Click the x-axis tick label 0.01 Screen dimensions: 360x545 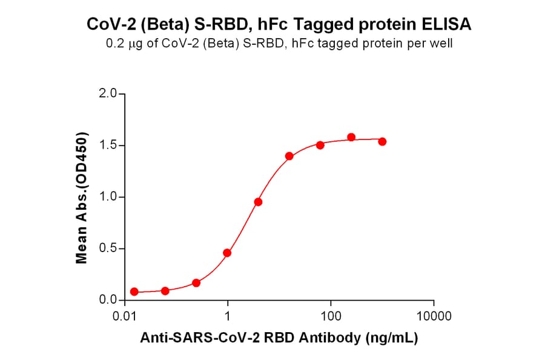[x=125, y=316]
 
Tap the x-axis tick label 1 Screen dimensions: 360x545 [x=228, y=316]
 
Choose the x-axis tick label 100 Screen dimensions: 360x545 [x=331, y=316]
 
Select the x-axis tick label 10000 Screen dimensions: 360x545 [x=434, y=316]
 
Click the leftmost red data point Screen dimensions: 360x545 [x=134, y=292]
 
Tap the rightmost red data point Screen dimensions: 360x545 [x=382, y=141]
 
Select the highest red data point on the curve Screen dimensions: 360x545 [x=351, y=138]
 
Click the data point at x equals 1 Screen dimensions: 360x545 [x=227, y=253]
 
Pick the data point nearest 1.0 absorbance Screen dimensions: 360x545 [x=258, y=202]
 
